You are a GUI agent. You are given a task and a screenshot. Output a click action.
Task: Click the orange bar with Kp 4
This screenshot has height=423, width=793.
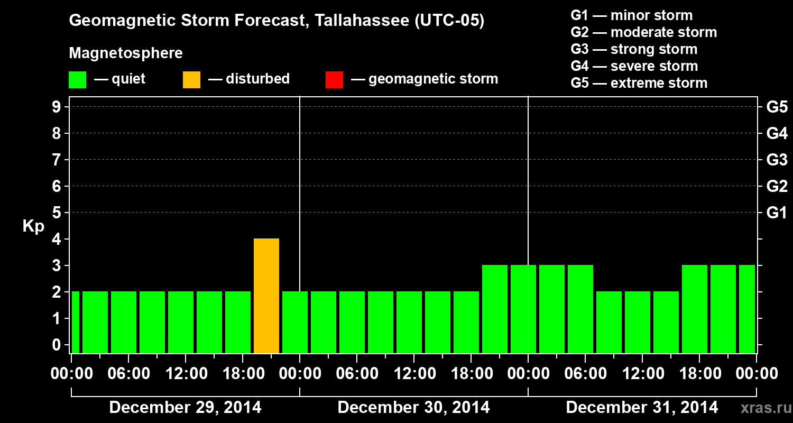point(266,296)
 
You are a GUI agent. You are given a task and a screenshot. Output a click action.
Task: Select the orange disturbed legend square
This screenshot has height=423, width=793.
point(191,80)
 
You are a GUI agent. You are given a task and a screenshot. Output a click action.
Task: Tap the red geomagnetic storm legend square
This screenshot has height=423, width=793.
point(334,80)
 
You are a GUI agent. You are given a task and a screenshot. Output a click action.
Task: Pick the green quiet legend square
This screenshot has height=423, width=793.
point(77,80)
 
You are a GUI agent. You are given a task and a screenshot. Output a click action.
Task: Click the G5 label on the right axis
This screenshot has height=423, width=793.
point(777,107)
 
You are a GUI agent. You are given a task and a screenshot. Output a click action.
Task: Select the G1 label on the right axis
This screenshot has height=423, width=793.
point(777,213)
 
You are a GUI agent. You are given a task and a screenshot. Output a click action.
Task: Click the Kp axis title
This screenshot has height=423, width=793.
point(33,227)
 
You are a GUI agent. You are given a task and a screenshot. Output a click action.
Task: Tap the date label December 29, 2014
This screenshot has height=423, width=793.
point(185,408)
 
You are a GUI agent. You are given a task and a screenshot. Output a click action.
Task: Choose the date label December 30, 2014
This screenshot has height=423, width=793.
point(413,408)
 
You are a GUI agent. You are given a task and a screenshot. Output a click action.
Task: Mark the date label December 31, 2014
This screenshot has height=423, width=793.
point(642,408)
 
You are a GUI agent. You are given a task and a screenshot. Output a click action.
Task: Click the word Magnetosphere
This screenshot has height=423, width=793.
point(126,53)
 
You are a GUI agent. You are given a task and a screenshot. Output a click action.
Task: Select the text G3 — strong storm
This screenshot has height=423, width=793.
point(634,49)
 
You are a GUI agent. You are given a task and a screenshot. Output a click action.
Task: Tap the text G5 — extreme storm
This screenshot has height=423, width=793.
point(639,83)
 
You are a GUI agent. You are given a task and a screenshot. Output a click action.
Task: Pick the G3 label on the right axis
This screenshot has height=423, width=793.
point(777,160)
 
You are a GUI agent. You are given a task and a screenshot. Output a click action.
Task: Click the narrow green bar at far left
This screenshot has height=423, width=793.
point(75,322)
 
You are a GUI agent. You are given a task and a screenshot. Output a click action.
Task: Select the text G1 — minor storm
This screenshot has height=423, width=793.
point(631,15)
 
